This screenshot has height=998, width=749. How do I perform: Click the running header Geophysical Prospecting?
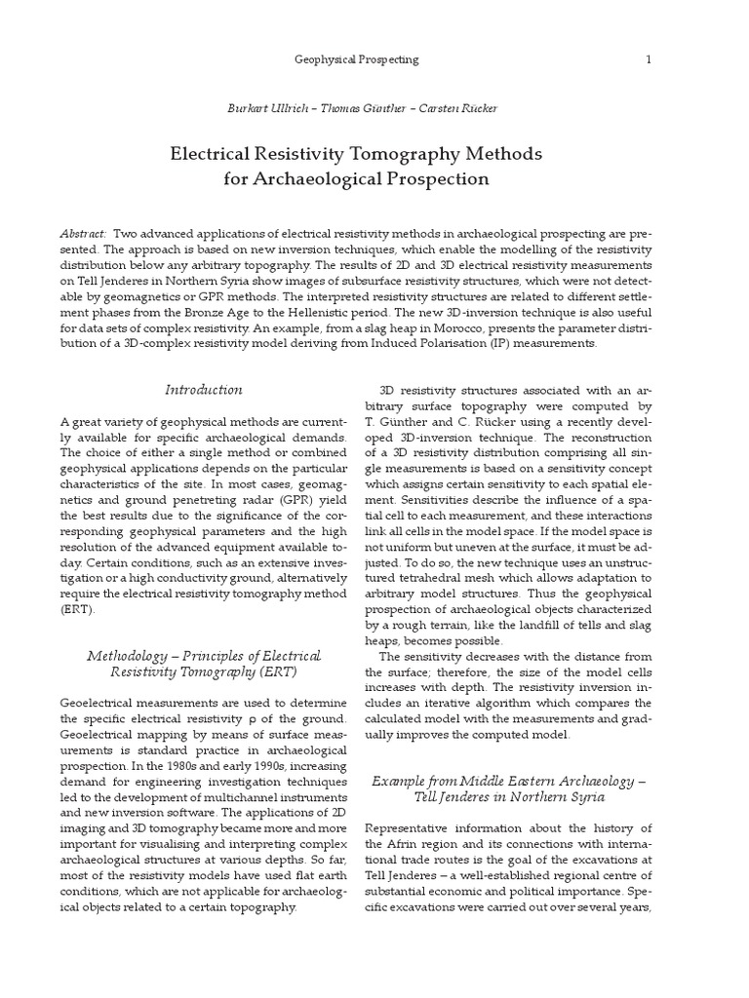356,59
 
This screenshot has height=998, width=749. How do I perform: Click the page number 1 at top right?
648,59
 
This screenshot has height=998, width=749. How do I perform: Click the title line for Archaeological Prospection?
356,179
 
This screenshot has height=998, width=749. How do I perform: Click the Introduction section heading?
203,390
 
